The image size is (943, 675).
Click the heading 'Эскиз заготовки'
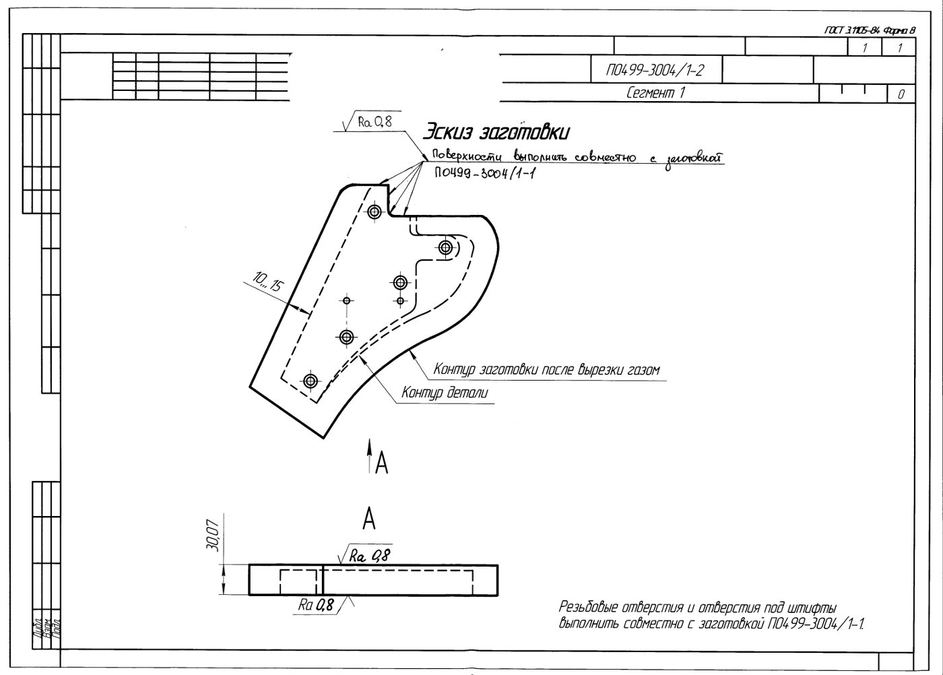coord(496,131)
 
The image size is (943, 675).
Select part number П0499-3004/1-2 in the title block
coord(655,69)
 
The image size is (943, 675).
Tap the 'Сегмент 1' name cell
coord(655,93)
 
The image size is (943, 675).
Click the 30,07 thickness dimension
coord(213,538)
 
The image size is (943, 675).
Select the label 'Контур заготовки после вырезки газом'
coord(546,370)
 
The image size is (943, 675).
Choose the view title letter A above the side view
coord(368,519)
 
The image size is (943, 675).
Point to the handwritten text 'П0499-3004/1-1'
coord(480,174)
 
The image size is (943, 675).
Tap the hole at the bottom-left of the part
coord(311,381)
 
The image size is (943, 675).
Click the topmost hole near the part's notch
coord(375,211)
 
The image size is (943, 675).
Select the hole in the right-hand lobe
coord(445,248)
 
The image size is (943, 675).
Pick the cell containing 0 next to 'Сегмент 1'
coord(901,94)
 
